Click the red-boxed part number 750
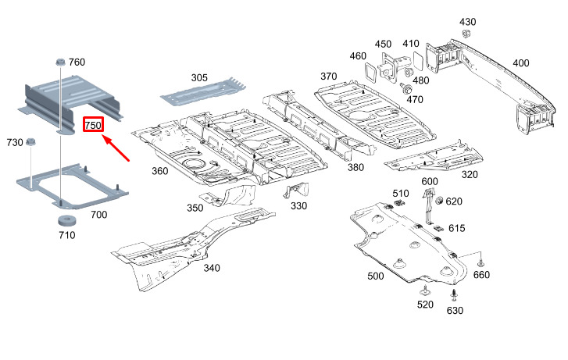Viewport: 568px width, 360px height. [x=94, y=125]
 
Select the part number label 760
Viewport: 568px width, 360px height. [x=77, y=62]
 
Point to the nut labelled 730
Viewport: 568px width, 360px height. [x=30, y=142]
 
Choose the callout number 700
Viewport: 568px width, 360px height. [x=99, y=214]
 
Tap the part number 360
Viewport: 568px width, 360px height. [x=159, y=171]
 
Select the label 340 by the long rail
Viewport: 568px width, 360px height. [x=211, y=269]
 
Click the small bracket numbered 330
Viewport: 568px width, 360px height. [x=295, y=191]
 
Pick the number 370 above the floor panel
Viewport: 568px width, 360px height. [x=328, y=76]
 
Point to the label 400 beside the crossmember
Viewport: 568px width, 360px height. [x=520, y=62]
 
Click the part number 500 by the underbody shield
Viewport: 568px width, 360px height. [x=375, y=276]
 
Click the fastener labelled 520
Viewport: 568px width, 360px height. [x=425, y=291]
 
